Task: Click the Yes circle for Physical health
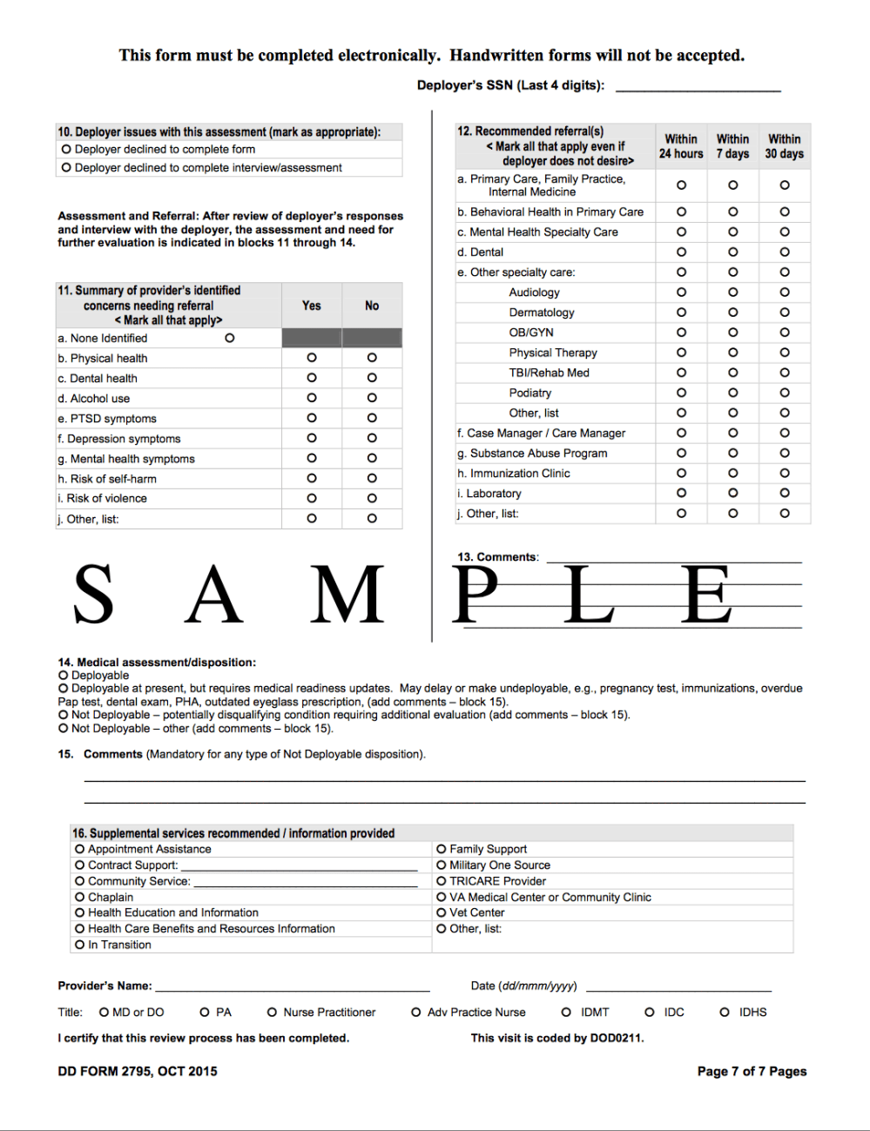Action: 312,358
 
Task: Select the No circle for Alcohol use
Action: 372,398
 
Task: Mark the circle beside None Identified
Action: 230,338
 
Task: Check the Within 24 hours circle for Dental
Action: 681,252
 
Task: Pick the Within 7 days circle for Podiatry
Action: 733,393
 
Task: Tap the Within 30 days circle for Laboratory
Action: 785,493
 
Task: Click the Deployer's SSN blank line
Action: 698,85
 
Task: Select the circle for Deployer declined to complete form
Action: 66,149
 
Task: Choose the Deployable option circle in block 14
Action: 64,675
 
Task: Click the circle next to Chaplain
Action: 80,897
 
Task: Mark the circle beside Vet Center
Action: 442,912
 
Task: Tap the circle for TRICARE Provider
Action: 442,881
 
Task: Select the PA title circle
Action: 205,1012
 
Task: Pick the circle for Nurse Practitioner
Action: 272,1012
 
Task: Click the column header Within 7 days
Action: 732,146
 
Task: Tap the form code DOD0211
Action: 616,1038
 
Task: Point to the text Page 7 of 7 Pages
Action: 752,1071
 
